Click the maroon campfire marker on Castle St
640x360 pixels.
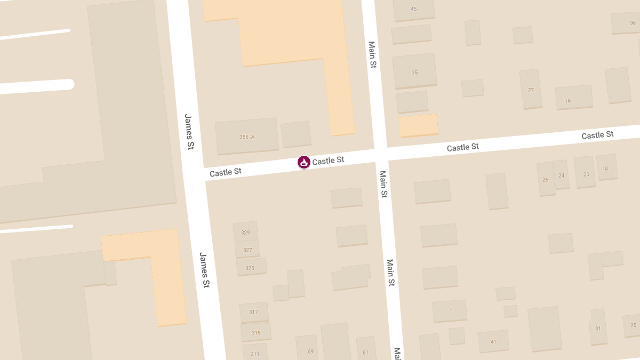click(x=304, y=162)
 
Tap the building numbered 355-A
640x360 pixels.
click(x=246, y=137)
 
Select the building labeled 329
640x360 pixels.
click(x=245, y=232)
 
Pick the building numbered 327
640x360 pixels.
click(x=247, y=250)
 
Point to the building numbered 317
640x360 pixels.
click(x=254, y=312)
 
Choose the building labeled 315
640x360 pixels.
click(x=255, y=332)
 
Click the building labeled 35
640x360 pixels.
click(x=415, y=71)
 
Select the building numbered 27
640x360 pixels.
click(x=531, y=89)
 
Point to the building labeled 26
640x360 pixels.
click(x=546, y=179)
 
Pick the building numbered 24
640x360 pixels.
click(x=561, y=174)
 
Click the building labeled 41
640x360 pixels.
click(x=493, y=341)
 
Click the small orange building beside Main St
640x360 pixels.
click(x=419, y=126)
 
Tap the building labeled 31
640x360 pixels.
click(x=598, y=327)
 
